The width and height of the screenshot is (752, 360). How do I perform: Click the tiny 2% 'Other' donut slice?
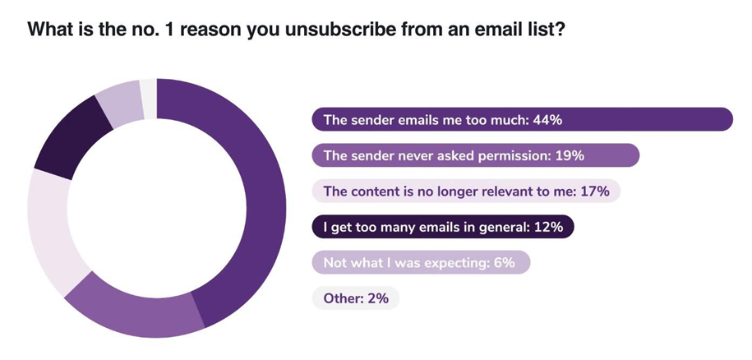pos(148,93)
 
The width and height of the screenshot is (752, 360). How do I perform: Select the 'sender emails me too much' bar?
pos(521,119)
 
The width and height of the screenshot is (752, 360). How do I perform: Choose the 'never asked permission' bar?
pos(475,155)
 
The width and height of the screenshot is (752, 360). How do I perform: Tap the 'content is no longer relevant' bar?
pos(465,192)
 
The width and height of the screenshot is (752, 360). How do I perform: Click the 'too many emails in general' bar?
pos(442,227)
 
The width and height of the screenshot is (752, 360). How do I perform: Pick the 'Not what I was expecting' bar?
pos(420,263)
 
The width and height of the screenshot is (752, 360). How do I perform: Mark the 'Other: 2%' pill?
pos(355,298)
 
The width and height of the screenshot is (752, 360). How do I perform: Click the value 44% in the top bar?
pos(545,119)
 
